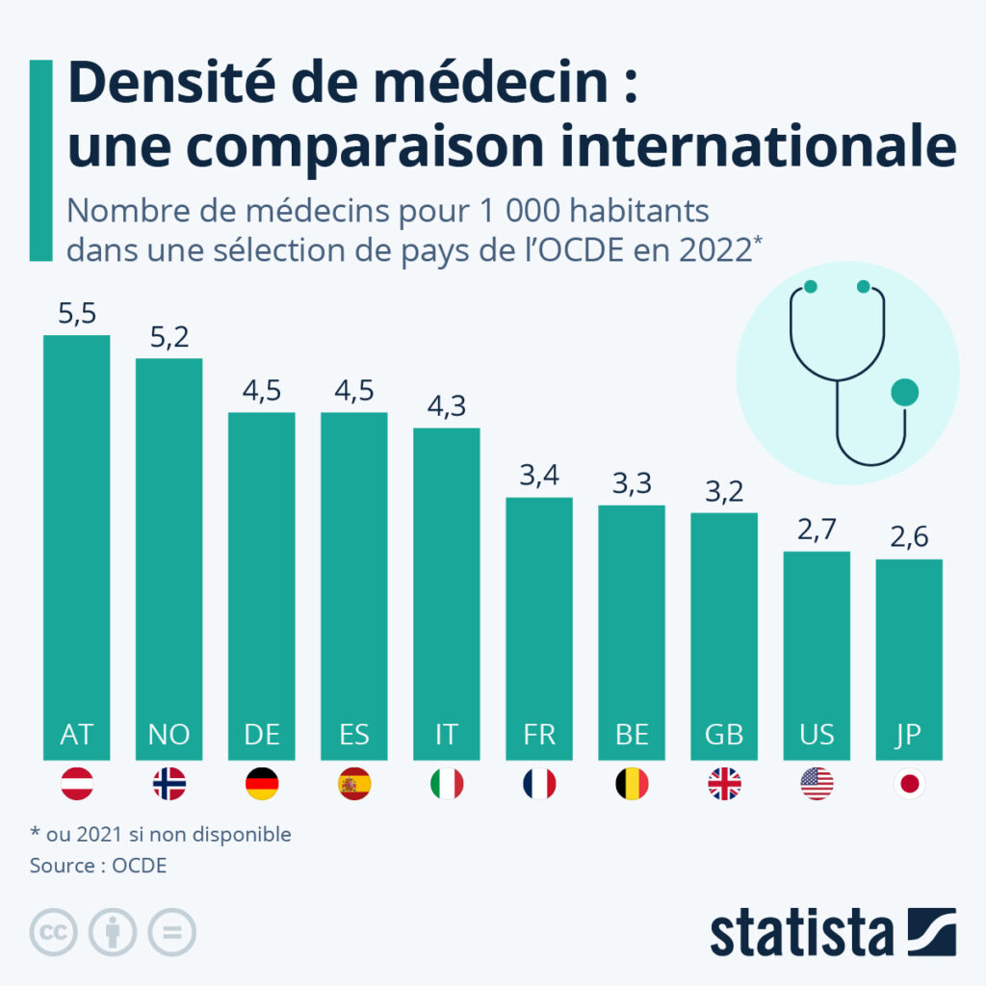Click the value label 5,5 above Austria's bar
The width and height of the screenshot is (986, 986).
(76, 314)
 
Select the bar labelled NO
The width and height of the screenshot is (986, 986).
(169, 558)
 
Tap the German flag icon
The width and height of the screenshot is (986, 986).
(262, 784)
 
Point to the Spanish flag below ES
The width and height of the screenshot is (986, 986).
(353, 784)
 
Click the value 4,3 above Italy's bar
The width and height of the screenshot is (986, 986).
(446, 406)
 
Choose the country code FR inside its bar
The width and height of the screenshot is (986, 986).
(538, 735)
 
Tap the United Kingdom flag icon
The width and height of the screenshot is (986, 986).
(724, 784)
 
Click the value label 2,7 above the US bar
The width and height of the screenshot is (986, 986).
(817, 530)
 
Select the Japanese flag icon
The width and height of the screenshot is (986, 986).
(909, 784)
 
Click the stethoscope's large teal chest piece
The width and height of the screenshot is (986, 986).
(904, 392)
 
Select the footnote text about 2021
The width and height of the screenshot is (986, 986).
(160, 834)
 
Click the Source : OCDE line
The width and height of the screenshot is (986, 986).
(98, 865)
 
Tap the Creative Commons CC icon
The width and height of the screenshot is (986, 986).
(54, 932)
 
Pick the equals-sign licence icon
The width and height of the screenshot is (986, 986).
(171, 932)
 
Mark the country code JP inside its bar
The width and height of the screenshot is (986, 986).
(909, 735)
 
